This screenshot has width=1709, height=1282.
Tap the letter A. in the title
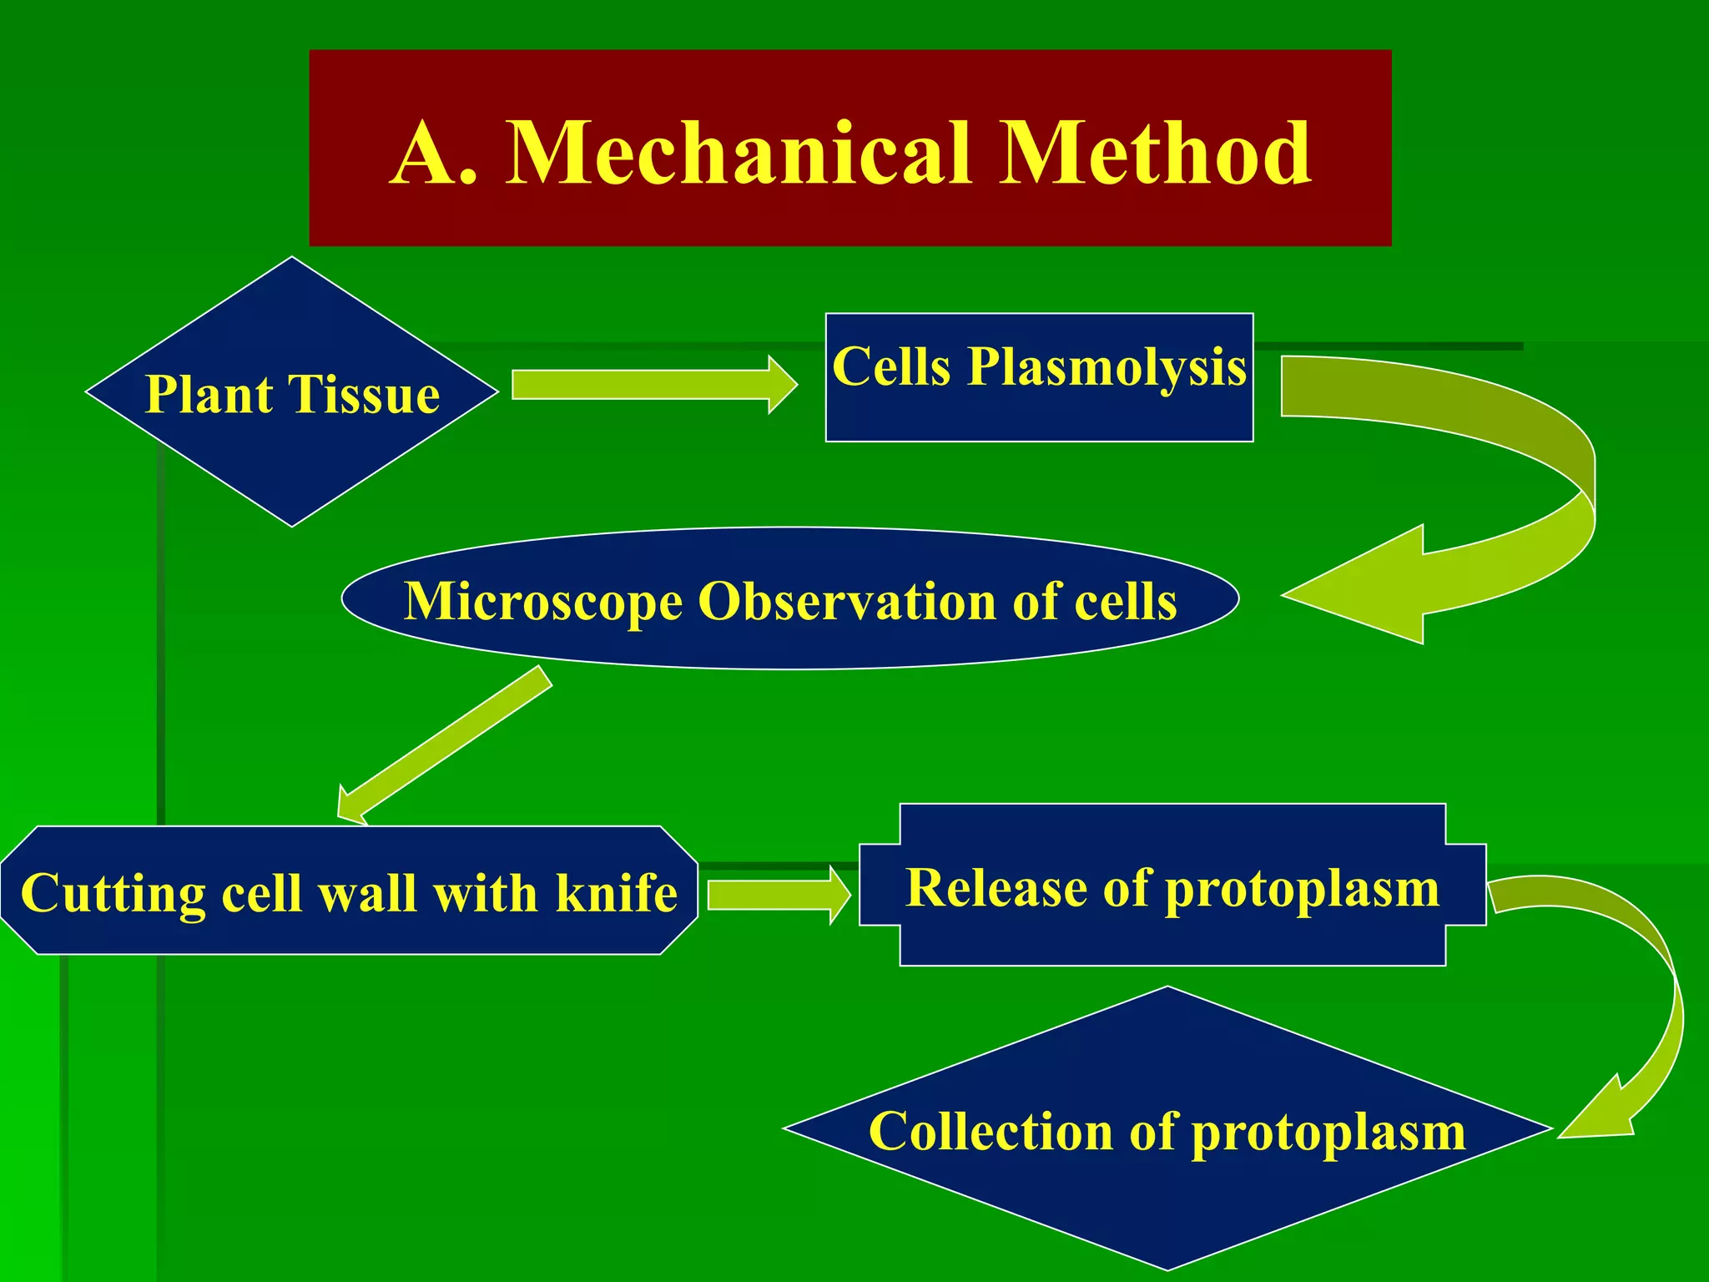coord(434,154)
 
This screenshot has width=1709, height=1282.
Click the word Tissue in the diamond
coord(364,394)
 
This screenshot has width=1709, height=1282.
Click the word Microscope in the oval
coord(542,601)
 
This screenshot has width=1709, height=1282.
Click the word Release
coord(996,887)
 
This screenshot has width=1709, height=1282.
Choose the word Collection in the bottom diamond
coord(991,1132)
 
